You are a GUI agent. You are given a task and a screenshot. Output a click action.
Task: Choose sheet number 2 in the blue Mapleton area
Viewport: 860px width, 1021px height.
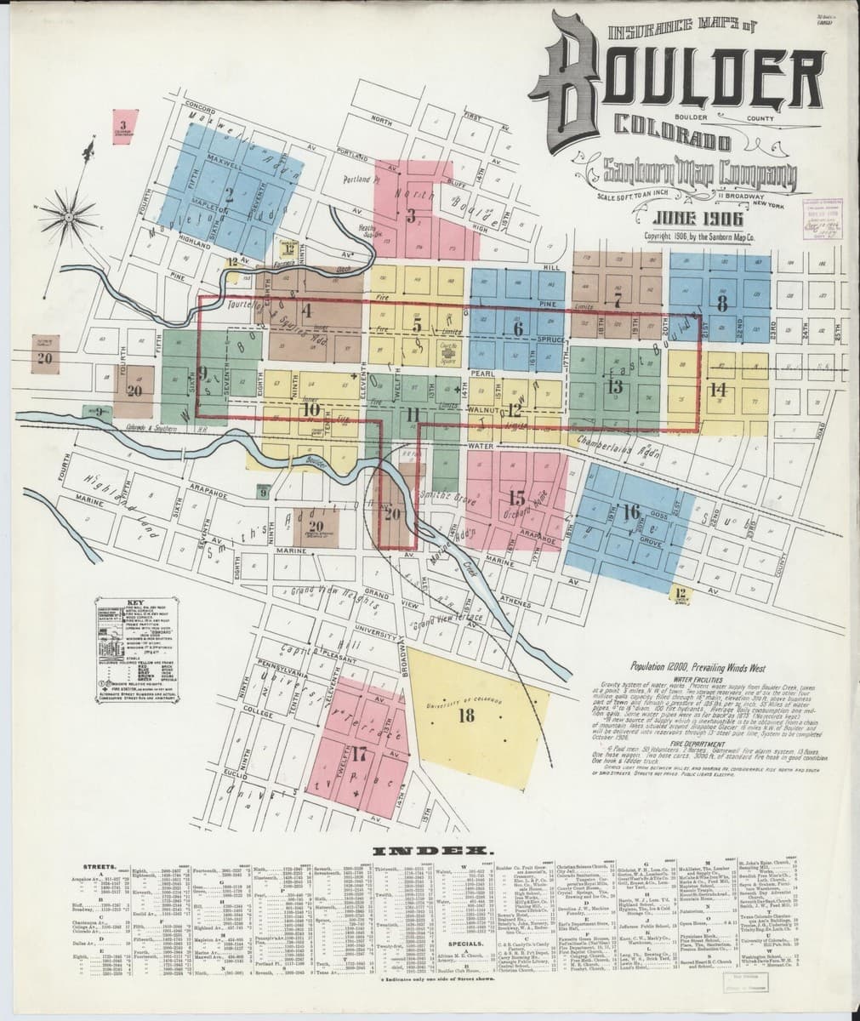point(229,191)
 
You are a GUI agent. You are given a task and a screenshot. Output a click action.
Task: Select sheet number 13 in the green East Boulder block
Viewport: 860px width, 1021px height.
point(616,385)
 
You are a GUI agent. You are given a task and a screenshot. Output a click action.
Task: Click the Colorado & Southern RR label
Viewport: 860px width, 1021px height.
point(153,429)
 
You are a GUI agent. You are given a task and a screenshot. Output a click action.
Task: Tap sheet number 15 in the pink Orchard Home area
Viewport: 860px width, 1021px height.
point(515,498)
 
